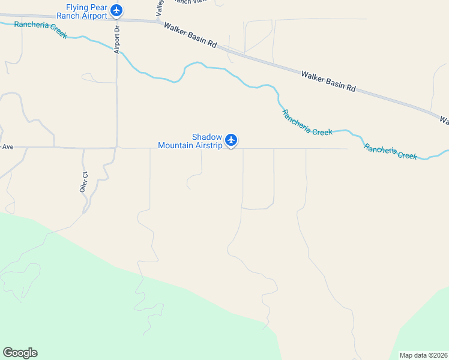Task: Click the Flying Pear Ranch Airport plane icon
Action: pyautogui.click(x=116, y=10)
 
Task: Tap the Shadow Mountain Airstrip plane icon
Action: pyautogui.click(x=231, y=140)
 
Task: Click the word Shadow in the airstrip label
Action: pyautogui.click(x=207, y=137)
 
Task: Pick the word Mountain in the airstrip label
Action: pyautogui.click(x=176, y=145)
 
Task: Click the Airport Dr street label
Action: pyautogui.click(x=118, y=40)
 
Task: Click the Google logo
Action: pyautogui.click(x=20, y=353)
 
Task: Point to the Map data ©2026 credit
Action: pyautogui.click(x=423, y=355)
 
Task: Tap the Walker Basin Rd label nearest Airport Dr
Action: pyautogui.click(x=190, y=35)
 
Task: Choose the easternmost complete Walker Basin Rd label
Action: pyautogui.click(x=328, y=81)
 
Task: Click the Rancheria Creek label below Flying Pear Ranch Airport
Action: pyautogui.click(x=40, y=30)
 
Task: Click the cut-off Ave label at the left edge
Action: pyautogui.click(x=7, y=146)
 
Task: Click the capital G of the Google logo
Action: pyautogui.click(x=8, y=353)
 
